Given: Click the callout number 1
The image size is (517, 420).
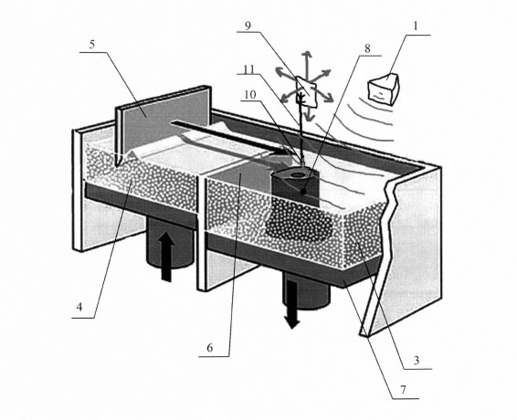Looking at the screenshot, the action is click(416, 26).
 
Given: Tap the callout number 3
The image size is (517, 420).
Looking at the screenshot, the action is click(417, 361).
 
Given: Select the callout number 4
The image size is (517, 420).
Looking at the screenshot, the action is click(79, 308).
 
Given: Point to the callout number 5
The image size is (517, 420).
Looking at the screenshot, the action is click(92, 45).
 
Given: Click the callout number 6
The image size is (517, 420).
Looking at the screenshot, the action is click(210, 348).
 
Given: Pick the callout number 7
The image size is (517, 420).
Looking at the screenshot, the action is click(403, 390).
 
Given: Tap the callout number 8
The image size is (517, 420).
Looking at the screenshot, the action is click(367, 48).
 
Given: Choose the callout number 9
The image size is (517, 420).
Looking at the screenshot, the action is click(248, 26).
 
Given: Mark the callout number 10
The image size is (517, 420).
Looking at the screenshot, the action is click(250, 95).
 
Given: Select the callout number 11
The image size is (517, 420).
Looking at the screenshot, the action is click(249, 69).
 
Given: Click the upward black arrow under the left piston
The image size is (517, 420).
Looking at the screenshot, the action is click(167, 257).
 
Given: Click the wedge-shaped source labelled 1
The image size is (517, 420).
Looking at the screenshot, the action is click(384, 89).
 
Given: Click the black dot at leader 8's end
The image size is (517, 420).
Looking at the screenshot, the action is click(303, 191).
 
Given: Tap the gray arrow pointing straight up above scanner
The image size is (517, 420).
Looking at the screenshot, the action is click(308, 63).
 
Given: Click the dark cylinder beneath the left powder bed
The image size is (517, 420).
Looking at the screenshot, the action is click(169, 242).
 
